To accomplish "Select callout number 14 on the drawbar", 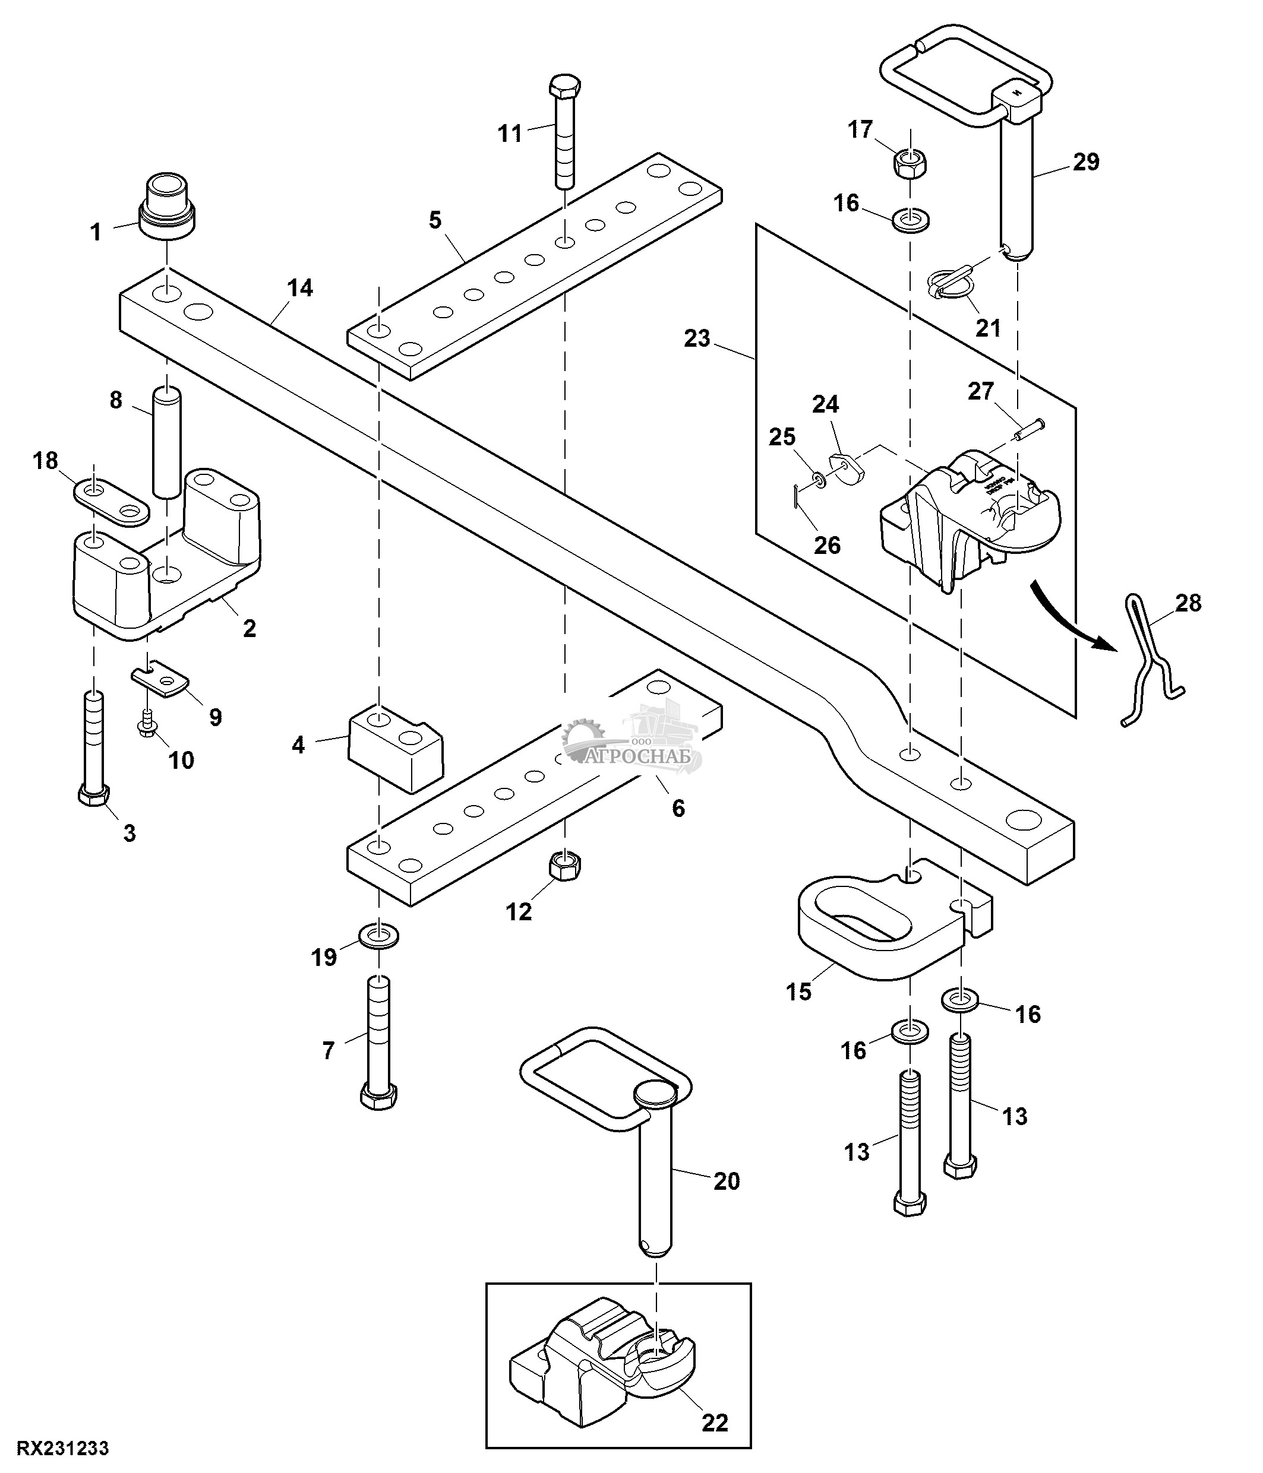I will point(299,288).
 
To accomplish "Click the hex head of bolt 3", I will point(93,796).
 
